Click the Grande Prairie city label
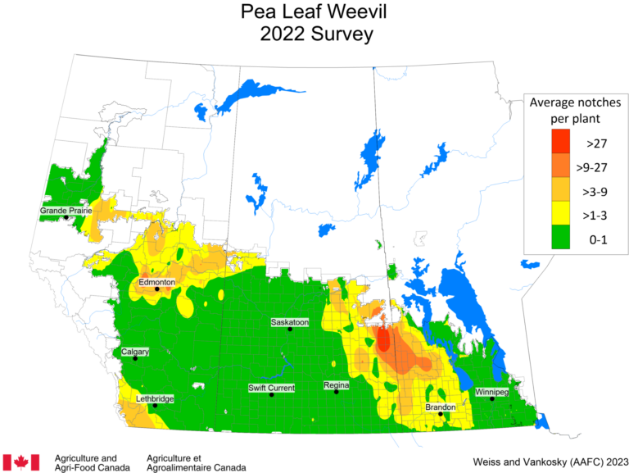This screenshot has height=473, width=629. click(x=66, y=211)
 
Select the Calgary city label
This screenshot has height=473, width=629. click(x=135, y=352)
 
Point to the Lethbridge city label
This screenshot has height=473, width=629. click(x=154, y=398)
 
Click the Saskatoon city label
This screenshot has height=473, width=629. click(x=290, y=322)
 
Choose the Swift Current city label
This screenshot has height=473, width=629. click(x=271, y=388)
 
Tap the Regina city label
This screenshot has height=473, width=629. click(x=336, y=385)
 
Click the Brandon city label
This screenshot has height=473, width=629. click(x=441, y=407)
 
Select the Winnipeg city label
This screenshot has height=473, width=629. click(x=491, y=392)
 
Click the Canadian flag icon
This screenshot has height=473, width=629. click(x=21, y=462)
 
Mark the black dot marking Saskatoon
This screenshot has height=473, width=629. click(x=290, y=330)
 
